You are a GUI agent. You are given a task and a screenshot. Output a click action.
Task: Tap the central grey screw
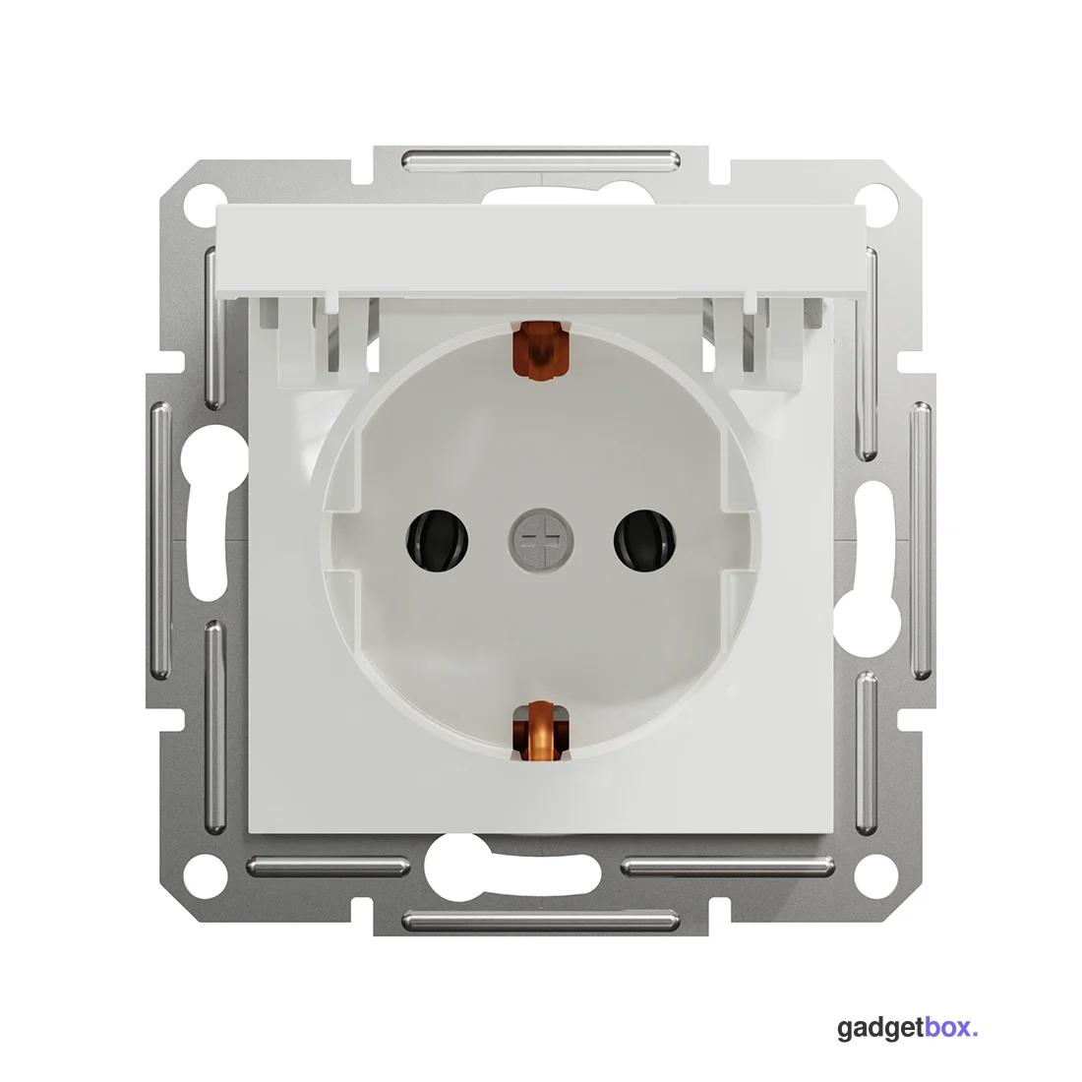[x=541, y=540]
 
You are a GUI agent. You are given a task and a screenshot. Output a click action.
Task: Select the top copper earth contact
[x=540, y=350]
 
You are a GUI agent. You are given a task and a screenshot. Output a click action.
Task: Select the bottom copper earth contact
[x=540, y=732]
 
